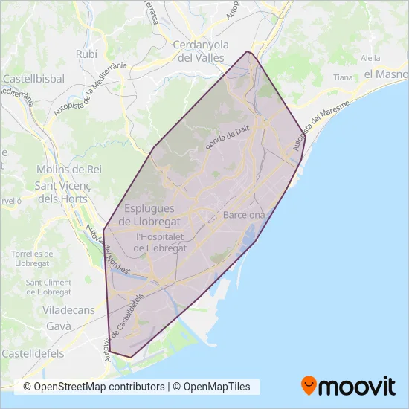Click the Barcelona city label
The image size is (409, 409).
pyautogui.click(x=244, y=215)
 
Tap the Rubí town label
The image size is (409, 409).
pyautogui.click(x=87, y=54)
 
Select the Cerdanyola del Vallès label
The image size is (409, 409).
pyautogui.click(x=203, y=51)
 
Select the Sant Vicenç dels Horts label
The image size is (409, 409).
pyautogui.click(x=62, y=193)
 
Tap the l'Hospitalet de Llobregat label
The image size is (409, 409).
pyautogui.click(x=160, y=242)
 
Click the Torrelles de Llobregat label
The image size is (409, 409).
pyautogui.click(x=30, y=259)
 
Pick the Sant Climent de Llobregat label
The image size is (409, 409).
pyautogui.click(x=49, y=287)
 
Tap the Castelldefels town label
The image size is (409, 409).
pyautogui.click(x=33, y=353)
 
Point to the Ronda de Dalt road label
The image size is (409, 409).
pyautogui.click(x=228, y=138)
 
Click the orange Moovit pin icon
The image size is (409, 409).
pyautogui.click(x=309, y=386)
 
